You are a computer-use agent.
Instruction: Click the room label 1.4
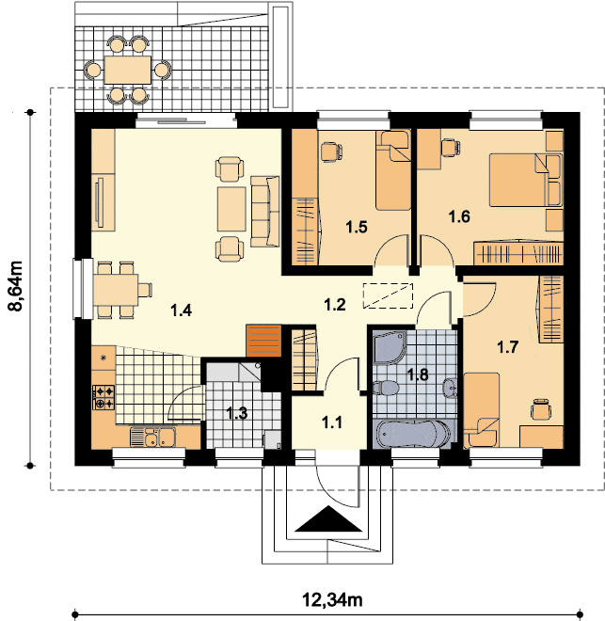coord(182,310)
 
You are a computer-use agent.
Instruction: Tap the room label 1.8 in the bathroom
coord(418,374)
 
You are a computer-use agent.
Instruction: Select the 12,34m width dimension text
coord(332,599)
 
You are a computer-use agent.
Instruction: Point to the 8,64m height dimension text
coord(16,285)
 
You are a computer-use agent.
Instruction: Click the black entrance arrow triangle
coord(328,518)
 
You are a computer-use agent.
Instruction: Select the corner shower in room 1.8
coord(389,347)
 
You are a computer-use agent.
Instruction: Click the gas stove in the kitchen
coord(103,397)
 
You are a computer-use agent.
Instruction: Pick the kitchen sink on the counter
coord(152,437)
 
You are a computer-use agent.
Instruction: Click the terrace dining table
coord(128,70)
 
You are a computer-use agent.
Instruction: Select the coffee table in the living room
coord(231,209)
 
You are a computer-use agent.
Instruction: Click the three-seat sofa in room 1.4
coord(265,212)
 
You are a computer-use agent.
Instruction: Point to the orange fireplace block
coord(263,341)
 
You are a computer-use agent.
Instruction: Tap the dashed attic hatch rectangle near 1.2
coord(388,295)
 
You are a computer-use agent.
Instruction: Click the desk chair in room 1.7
coord(541,409)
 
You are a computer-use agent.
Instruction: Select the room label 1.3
coord(237,413)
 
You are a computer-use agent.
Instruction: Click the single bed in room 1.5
coord(392,170)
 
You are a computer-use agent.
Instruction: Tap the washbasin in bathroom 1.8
coord(449,388)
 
